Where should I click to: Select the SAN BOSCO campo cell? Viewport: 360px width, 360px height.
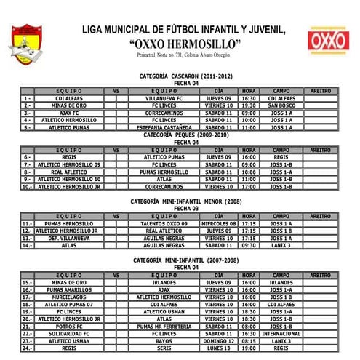[281, 105]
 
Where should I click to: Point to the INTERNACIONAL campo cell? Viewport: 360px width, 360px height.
[281, 333]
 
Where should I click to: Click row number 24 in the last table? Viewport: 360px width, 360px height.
[28, 348]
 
